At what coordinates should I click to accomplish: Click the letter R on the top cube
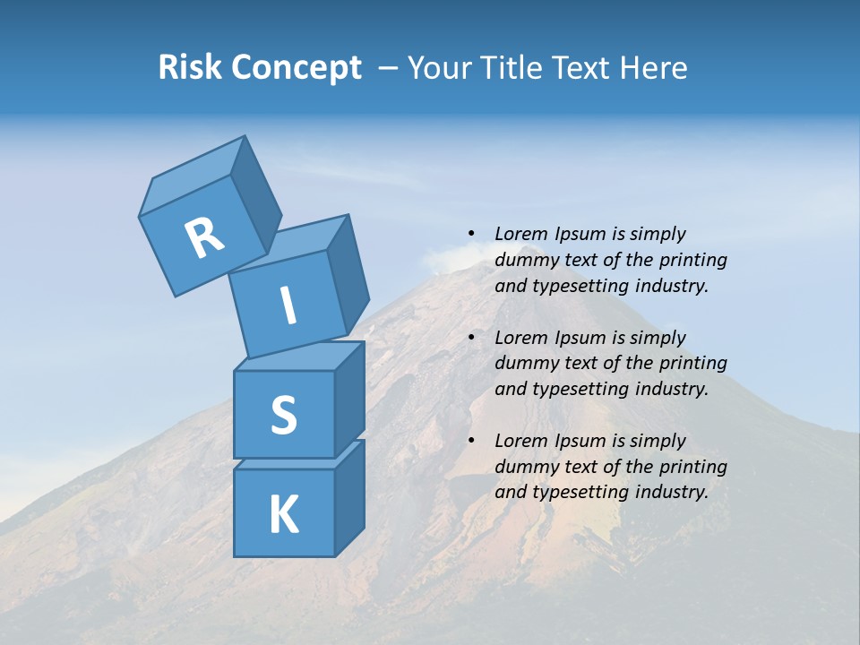click(204, 237)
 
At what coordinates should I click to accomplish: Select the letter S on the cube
click(283, 415)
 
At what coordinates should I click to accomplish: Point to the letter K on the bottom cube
click(283, 515)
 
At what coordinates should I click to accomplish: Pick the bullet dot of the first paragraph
click(471, 234)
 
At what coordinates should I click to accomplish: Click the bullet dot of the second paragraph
click(471, 338)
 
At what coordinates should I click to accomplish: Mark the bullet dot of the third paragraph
click(471, 441)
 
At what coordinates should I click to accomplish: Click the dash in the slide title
click(388, 68)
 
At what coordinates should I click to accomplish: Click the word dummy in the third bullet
click(526, 467)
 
